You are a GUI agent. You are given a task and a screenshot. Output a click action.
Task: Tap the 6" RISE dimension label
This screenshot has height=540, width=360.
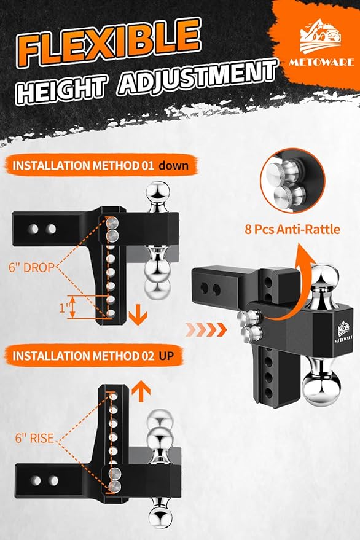pos(34,439)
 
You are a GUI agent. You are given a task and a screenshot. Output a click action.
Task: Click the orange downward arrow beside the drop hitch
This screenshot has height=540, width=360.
pos(139,316)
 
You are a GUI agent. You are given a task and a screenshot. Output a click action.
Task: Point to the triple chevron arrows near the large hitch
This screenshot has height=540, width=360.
pos(209,329)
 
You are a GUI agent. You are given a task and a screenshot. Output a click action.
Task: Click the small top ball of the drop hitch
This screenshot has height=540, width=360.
pos(158,196)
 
